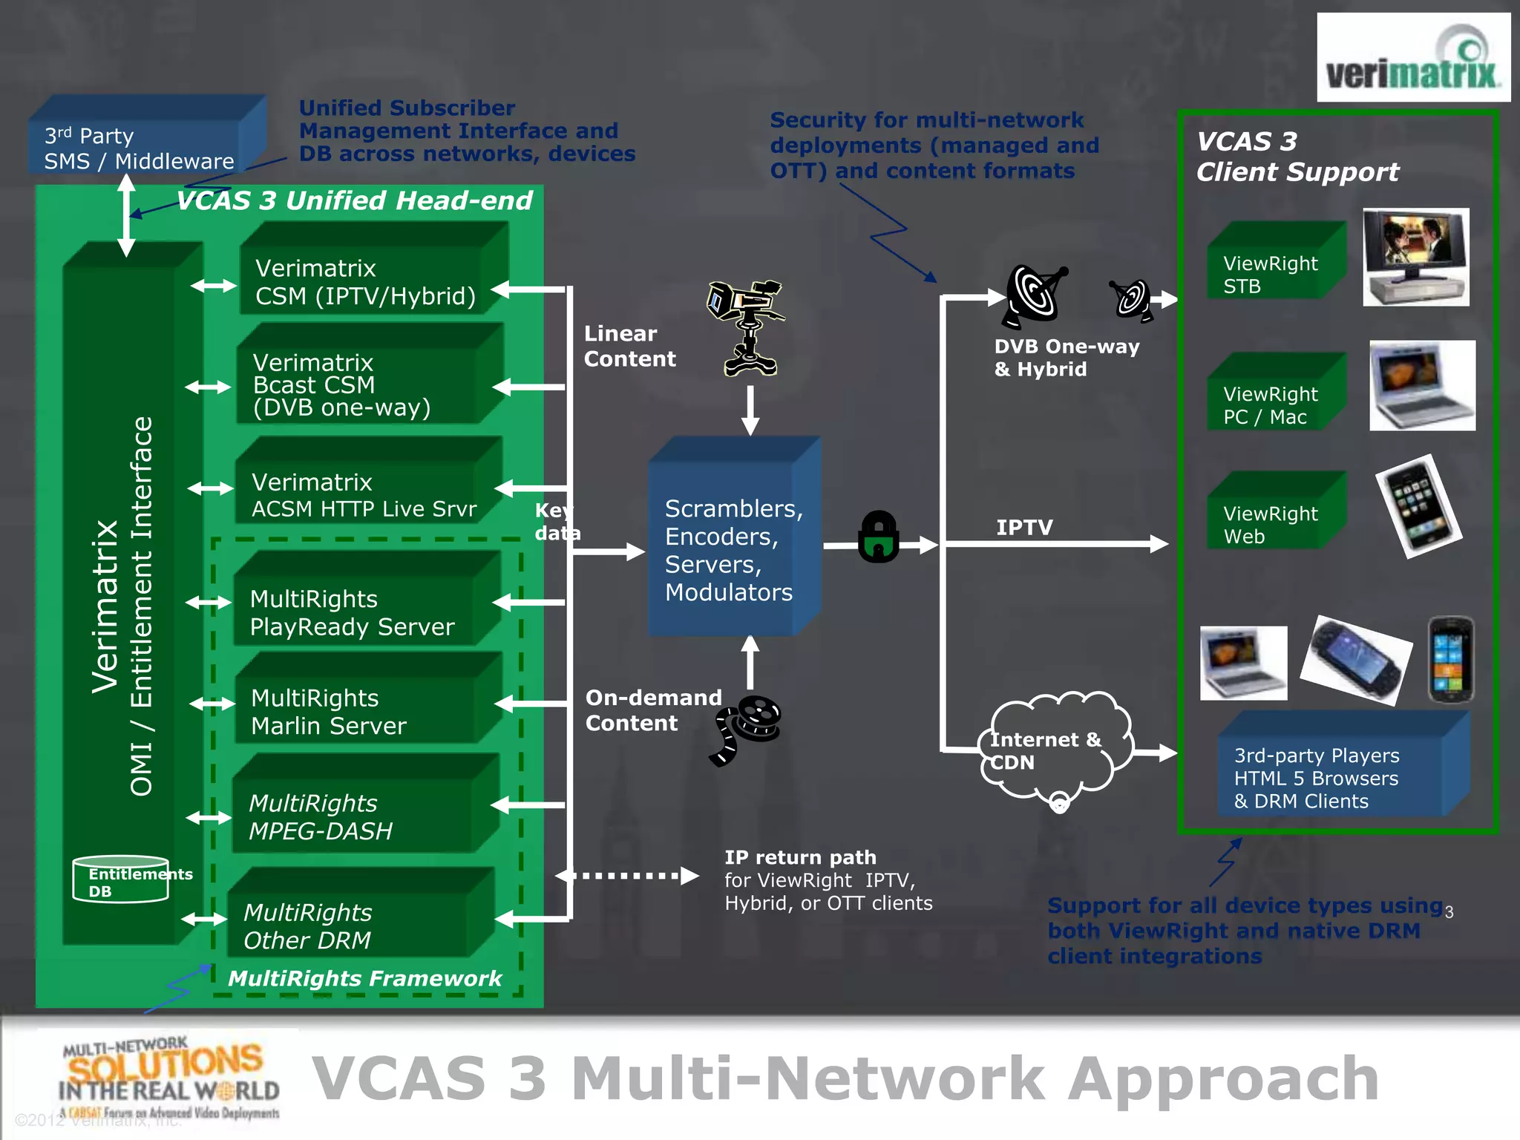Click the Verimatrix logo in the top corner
coord(1412,58)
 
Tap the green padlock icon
coord(879,537)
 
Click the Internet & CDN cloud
coord(1054,750)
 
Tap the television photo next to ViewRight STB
coord(1415,257)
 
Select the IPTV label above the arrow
coord(1024,527)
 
